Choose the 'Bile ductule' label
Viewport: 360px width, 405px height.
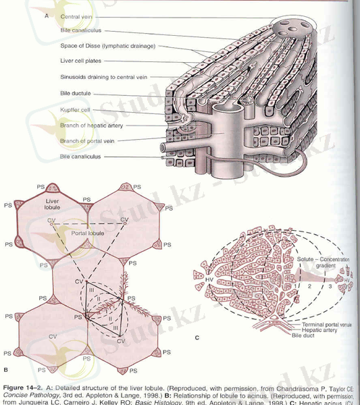point(75,93)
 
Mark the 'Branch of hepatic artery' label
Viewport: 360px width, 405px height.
point(91,125)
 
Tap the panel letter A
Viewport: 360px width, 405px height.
point(45,16)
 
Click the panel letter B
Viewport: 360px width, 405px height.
point(5,369)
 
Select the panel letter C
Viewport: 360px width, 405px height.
point(196,337)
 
